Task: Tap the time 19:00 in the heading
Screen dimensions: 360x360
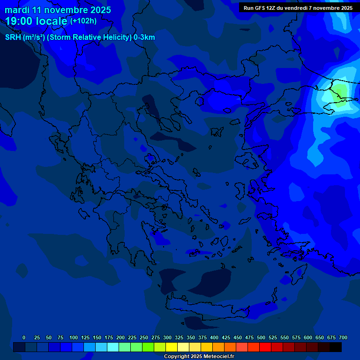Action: click(19, 21)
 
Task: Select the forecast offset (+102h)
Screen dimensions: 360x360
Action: click(83, 21)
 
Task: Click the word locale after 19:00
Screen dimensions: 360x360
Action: click(52, 21)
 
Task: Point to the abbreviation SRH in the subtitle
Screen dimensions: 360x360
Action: click(13, 37)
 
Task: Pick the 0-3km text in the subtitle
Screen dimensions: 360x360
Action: click(144, 37)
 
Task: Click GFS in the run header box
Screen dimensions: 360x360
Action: click(260, 8)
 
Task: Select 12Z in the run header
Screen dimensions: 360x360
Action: click(271, 8)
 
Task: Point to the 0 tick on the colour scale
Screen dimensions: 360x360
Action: click(24, 337)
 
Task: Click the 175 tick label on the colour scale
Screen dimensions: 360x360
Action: click(108, 337)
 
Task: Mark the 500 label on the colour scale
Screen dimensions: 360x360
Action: click(261, 337)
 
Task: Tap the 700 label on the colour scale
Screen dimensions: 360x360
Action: click(343, 337)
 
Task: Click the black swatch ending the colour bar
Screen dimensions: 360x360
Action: click(336, 347)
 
